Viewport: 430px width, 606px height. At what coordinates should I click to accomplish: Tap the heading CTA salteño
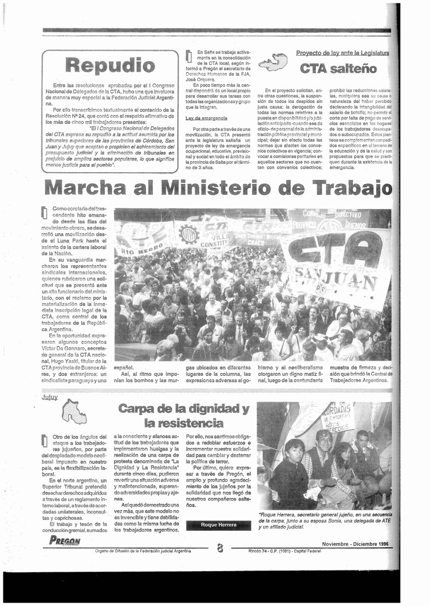tap(338, 68)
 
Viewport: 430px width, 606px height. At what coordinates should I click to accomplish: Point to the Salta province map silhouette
tap(273, 62)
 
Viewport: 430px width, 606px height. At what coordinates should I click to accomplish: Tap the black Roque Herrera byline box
tap(219, 525)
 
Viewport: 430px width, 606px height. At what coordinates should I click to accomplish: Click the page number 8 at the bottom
tap(220, 548)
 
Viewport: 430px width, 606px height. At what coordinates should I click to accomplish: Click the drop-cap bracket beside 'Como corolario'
tap(44, 212)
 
